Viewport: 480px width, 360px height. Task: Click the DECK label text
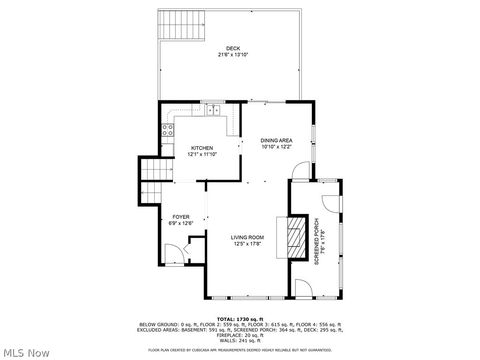[232, 47]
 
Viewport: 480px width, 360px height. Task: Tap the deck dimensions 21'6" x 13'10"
[232, 54]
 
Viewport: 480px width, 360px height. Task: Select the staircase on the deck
[178, 24]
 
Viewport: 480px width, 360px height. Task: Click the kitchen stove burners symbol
[166, 130]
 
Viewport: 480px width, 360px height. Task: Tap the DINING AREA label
[276, 140]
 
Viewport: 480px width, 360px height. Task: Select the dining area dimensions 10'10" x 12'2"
[276, 147]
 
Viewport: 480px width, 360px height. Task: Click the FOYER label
[180, 216]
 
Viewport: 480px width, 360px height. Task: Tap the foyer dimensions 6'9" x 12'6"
[180, 223]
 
